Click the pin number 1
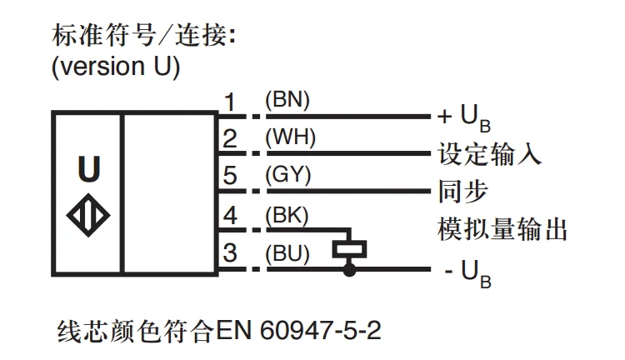pos(230,102)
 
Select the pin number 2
pos(230,138)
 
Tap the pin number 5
pos(230,175)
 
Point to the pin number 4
pos(230,215)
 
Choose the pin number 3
pos(230,252)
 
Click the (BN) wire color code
pos(287,100)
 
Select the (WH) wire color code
pos(290,137)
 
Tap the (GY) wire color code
pos(287,175)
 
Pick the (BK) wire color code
pos(287,216)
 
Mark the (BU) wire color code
pos(287,253)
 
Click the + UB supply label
pos(464,118)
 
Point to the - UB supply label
pos(468,273)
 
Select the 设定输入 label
pos(490,154)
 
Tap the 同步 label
pos(463,192)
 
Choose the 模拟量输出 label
pos(502,229)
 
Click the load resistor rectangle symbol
pos(349,250)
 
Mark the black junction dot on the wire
pos(349,270)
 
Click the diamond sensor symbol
pos(88,215)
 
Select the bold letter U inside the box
pos(89,168)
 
